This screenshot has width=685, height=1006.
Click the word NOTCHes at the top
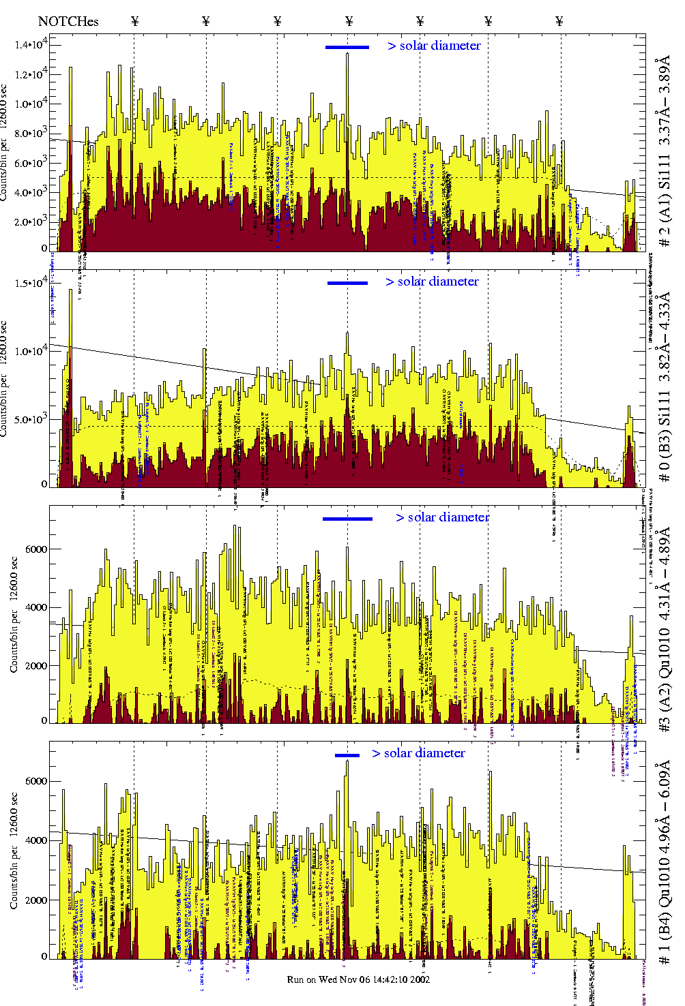tap(68, 21)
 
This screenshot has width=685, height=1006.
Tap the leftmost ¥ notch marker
tap(134, 21)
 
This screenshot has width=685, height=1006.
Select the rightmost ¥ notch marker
tap(559, 21)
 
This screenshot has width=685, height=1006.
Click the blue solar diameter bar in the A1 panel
tap(347, 47)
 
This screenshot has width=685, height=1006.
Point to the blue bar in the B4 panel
tap(347, 755)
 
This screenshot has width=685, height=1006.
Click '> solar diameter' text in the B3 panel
tap(432, 281)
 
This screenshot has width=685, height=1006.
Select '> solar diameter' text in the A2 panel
tap(442, 517)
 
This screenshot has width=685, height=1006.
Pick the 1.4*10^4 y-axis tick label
tap(32, 45)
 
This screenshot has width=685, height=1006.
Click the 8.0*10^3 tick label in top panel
tap(32, 133)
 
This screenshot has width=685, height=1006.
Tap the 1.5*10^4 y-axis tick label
tap(32, 283)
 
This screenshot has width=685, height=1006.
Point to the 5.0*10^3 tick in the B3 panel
tap(32, 418)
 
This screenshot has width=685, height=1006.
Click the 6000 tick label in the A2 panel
tap(35, 549)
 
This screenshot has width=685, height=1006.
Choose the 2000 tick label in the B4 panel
tap(35, 900)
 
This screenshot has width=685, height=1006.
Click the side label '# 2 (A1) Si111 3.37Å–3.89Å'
tap(664, 153)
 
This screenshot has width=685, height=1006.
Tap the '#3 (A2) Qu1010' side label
tap(664, 630)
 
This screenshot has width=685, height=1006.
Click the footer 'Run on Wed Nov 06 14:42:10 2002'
tap(358, 979)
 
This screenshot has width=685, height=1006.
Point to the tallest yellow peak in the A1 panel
tap(347, 55)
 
